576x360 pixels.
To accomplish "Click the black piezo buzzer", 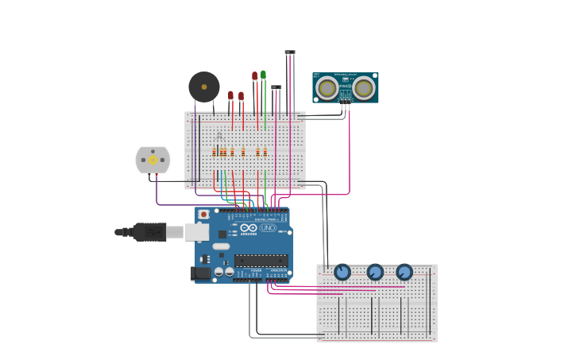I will pos(204,87).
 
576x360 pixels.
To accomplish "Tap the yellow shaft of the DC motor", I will pos(153,160).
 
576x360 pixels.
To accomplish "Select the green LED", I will pos(264,75).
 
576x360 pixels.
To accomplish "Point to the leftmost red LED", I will pos(230,95).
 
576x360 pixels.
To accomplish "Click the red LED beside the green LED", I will pos(255,76).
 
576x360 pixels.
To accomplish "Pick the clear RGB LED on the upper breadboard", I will pos(220,136).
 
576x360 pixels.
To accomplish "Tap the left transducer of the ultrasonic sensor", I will pos(327,87).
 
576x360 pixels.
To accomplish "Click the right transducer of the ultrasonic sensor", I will pos(364,87).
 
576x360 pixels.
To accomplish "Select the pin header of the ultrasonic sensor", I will pos(346,101).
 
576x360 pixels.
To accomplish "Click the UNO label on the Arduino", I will pos(268,228).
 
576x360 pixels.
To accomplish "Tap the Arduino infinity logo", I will pos(249,228).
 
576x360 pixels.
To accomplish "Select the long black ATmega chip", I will pos(261,261).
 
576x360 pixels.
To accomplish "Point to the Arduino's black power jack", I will pos(200,273).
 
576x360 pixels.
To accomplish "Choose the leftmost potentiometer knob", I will pos(342,273).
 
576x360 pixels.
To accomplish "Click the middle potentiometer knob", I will pos(375,273).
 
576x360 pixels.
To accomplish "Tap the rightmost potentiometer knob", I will pos(404,273).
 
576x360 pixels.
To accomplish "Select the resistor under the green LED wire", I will pos(265,152).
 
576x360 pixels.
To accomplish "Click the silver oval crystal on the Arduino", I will pos(221,246).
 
